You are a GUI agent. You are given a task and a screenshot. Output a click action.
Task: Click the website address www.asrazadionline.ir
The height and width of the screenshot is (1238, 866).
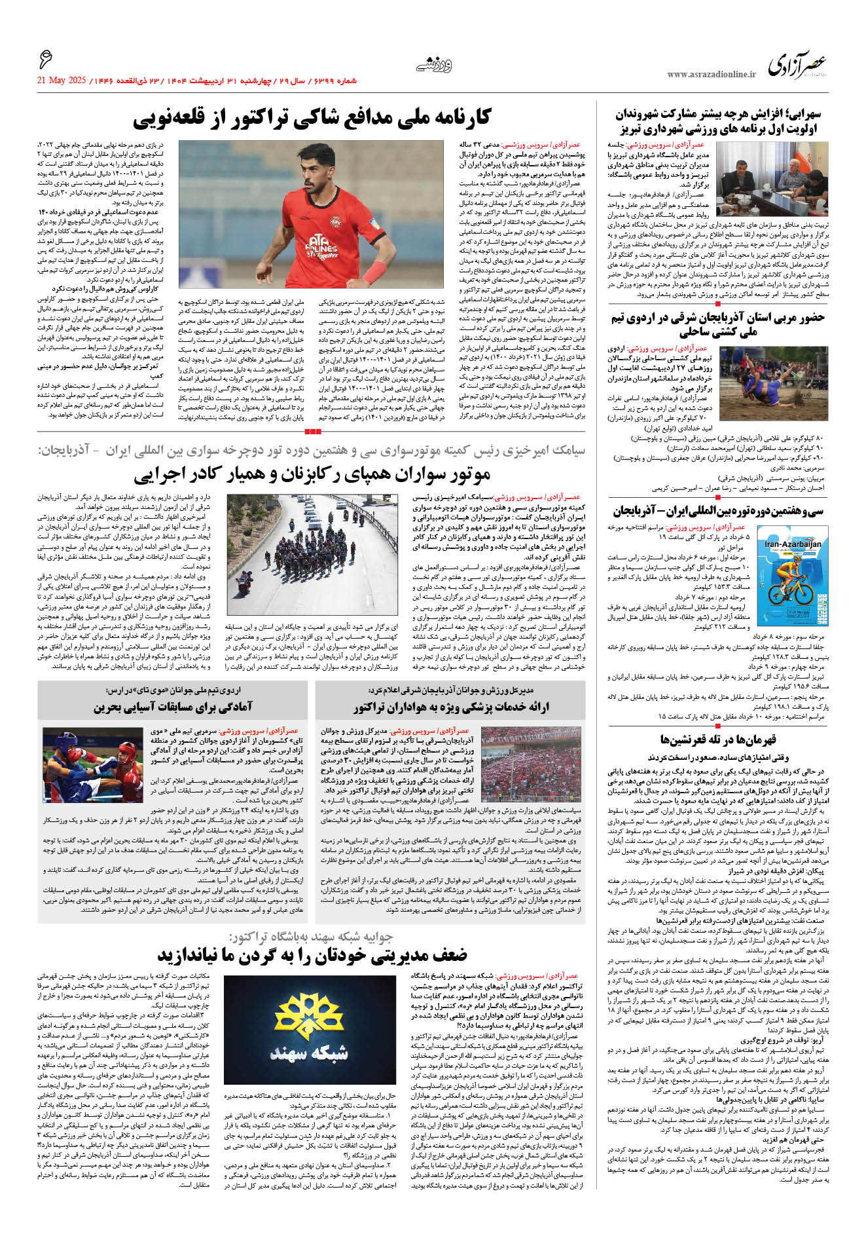711,75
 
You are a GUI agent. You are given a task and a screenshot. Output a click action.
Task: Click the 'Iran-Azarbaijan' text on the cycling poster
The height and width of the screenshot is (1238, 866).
793,544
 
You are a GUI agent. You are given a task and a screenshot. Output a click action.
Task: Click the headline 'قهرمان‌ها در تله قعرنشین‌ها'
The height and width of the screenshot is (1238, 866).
717,740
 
